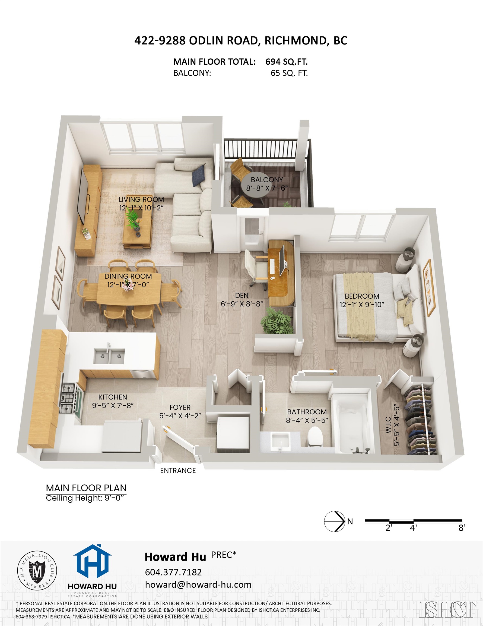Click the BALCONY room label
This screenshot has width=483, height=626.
[266, 180]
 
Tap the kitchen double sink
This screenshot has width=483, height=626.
[109, 356]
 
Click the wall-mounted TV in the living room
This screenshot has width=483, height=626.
[84, 196]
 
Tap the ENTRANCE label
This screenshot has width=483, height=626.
[178, 471]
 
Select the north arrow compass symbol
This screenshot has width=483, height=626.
[334, 521]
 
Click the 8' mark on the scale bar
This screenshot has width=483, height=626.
[462, 528]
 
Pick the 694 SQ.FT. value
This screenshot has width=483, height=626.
[286, 62]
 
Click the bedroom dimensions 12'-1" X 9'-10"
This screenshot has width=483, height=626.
[362, 305]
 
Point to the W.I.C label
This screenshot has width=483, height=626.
[388, 425]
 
